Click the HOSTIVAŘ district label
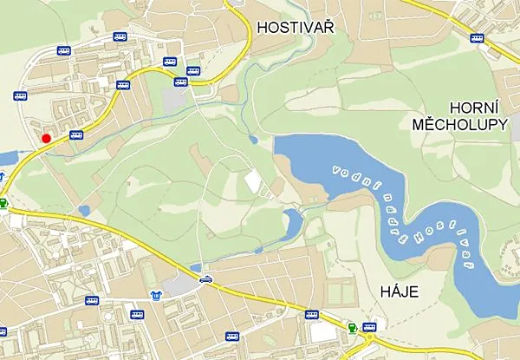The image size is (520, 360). pos(296,28)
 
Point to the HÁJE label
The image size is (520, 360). pos(400,291)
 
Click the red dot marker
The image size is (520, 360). pos(46,138)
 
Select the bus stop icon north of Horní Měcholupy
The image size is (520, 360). pos(477,37)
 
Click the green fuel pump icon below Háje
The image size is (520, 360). pos(352,327)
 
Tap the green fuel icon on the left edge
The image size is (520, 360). pos(3,204)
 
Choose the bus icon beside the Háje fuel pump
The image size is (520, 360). pos(370,327)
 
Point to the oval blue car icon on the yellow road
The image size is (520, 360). pos(205,279)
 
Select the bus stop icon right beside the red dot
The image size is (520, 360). pos(76,135)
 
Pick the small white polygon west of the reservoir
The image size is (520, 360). pos(252,182)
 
